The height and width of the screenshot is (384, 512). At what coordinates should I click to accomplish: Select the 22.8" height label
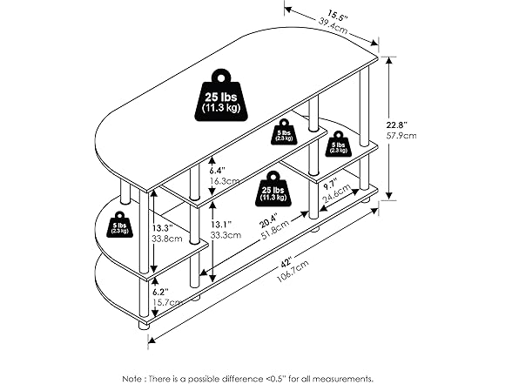pyautogui.click(x=397, y=125)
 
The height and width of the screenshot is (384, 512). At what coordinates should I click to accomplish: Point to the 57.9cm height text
pyautogui.click(x=401, y=135)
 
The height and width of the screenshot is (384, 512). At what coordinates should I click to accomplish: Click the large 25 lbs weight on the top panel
pyautogui.click(x=221, y=96)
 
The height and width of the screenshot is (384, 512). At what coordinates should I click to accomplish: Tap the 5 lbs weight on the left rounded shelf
pyautogui.click(x=119, y=225)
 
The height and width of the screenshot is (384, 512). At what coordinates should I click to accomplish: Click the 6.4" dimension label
pyautogui.click(x=218, y=171)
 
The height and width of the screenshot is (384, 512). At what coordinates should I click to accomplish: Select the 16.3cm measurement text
pyautogui.click(x=225, y=181)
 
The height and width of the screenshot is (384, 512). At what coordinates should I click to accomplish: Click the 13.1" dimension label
pyautogui.click(x=221, y=225)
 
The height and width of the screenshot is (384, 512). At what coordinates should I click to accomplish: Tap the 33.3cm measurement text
pyautogui.click(x=226, y=235)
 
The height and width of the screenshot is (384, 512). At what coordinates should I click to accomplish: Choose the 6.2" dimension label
pyautogui.click(x=160, y=291)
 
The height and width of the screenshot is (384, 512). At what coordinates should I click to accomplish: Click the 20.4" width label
pyautogui.click(x=269, y=221)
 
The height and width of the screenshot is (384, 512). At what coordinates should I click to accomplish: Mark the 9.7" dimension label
pyautogui.click(x=330, y=185)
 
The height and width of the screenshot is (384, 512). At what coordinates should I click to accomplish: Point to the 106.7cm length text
pyautogui.click(x=293, y=272)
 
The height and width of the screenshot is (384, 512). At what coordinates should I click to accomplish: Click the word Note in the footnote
pyautogui.click(x=132, y=379)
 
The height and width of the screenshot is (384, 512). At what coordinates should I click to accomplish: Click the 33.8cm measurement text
pyautogui.click(x=167, y=239)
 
